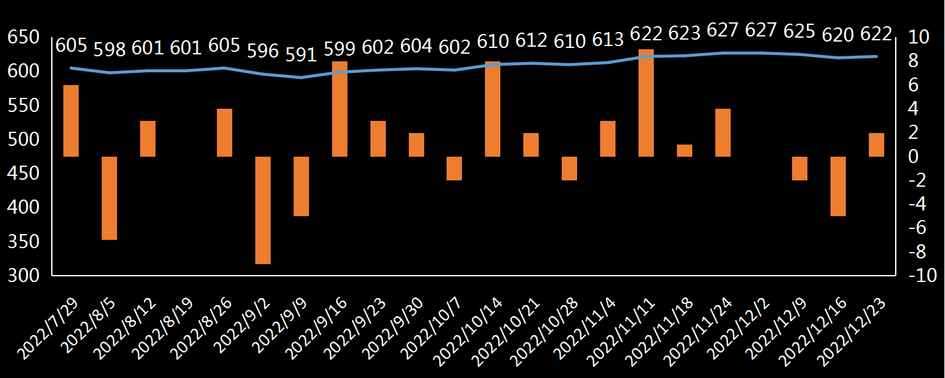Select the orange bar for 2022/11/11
coord(646,102)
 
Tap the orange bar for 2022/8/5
coord(109,198)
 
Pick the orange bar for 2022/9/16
coord(340,109)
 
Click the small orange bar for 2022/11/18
coord(685,150)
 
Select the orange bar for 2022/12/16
coord(838,186)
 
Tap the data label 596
coord(263,50)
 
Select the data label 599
coord(340,48)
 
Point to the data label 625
coord(799,31)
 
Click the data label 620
coord(838,35)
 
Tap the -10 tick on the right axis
coord(922,276)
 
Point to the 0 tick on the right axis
coord(914,157)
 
